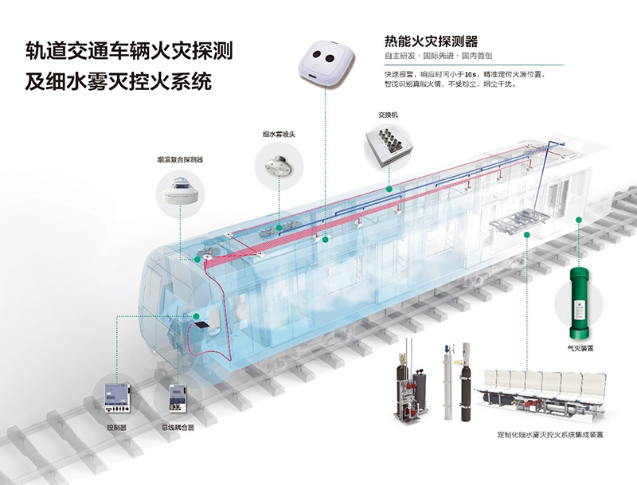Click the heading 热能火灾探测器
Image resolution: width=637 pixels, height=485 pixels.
[x=431, y=41]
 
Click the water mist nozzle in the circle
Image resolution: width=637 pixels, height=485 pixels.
[x=280, y=169]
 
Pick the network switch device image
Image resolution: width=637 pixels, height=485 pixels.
[x=389, y=146]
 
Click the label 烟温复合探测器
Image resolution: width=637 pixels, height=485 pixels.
[x=181, y=160]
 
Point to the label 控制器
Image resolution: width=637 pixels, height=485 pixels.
[x=117, y=428]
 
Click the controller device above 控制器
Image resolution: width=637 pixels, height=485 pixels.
[x=117, y=396]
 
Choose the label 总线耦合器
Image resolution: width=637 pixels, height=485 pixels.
[x=178, y=428]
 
